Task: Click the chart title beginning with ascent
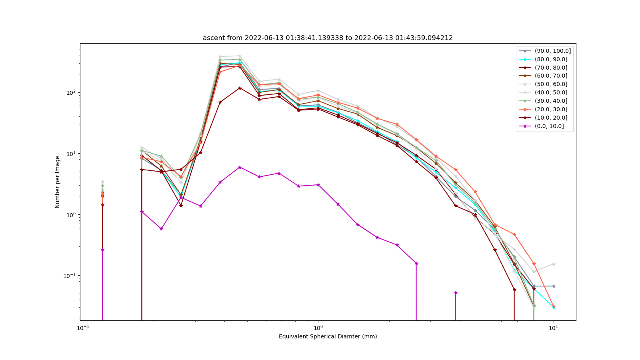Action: pyautogui.click(x=328, y=38)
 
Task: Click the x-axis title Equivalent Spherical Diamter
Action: pyautogui.click(x=328, y=336)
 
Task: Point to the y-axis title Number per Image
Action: pyautogui.click(x=58, y=182)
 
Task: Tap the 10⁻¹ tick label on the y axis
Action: pyautogui.click(x=70, y=276)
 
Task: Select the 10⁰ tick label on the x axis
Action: pyautogui.click(x=318, y=328)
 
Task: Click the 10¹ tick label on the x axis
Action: pyautogui.click(x=554, y=328)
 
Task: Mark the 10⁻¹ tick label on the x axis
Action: pyautogui.click(x=83, y=328)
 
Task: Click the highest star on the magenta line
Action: pyautogui.click(x=240, y=168)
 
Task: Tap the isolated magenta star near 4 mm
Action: pyautogui.click(x=456, y=292)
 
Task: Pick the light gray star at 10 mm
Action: pyautogui.click(x=554, y=264)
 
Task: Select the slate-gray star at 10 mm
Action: pyautogui.click(x=554, y=286)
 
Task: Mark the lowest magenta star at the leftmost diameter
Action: pyautogui.click(x=102, y=250)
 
